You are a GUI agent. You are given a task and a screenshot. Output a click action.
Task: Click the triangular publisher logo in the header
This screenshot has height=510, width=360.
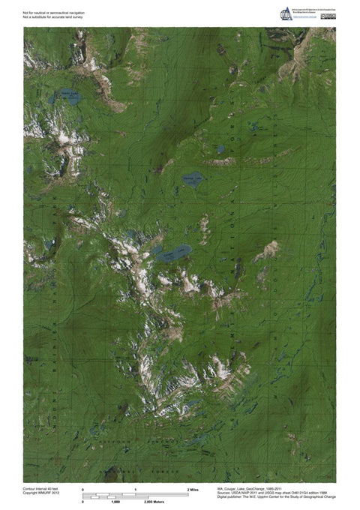284,13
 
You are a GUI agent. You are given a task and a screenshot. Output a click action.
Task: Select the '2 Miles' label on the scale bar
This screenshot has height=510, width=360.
193,489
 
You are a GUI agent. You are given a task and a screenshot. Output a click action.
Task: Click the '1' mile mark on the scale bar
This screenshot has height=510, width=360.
136,489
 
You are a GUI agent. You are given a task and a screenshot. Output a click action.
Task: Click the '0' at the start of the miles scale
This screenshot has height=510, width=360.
82,489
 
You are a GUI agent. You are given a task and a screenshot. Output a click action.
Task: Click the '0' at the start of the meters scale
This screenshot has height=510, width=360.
82,502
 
